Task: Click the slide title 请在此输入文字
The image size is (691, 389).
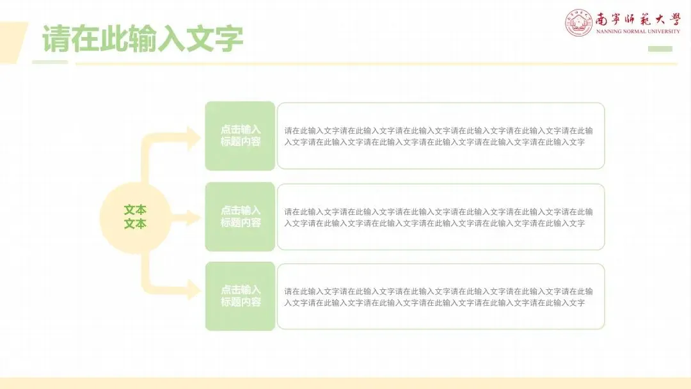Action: [x=143, y=39]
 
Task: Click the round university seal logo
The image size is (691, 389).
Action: [x=578, y=23]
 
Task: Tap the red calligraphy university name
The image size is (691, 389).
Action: [x=637, y=19]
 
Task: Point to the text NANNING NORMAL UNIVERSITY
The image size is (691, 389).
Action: [x=638, y=31]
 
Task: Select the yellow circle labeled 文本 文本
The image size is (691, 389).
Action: [x=135, y=217]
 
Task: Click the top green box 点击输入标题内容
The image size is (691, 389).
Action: [x=240, y=136]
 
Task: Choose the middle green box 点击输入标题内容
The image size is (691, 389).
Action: [x=240, y=217]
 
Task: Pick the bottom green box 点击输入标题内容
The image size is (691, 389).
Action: [x=240, y=296]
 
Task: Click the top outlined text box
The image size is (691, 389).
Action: [x=441, y=136]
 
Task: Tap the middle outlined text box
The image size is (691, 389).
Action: [x=441, y=217]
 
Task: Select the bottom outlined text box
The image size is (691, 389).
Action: [x=441, y=296]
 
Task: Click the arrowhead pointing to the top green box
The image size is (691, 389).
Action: [x=193, y=138]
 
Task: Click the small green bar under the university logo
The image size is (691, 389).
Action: [x=660, y=49]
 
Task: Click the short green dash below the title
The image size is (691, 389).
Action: [x=49, y=62]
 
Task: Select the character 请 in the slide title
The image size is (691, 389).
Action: [x=56, y=39]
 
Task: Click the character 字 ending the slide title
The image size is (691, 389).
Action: [x=228, y=39]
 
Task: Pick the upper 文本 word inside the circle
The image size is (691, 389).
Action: [x=135, y=210]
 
